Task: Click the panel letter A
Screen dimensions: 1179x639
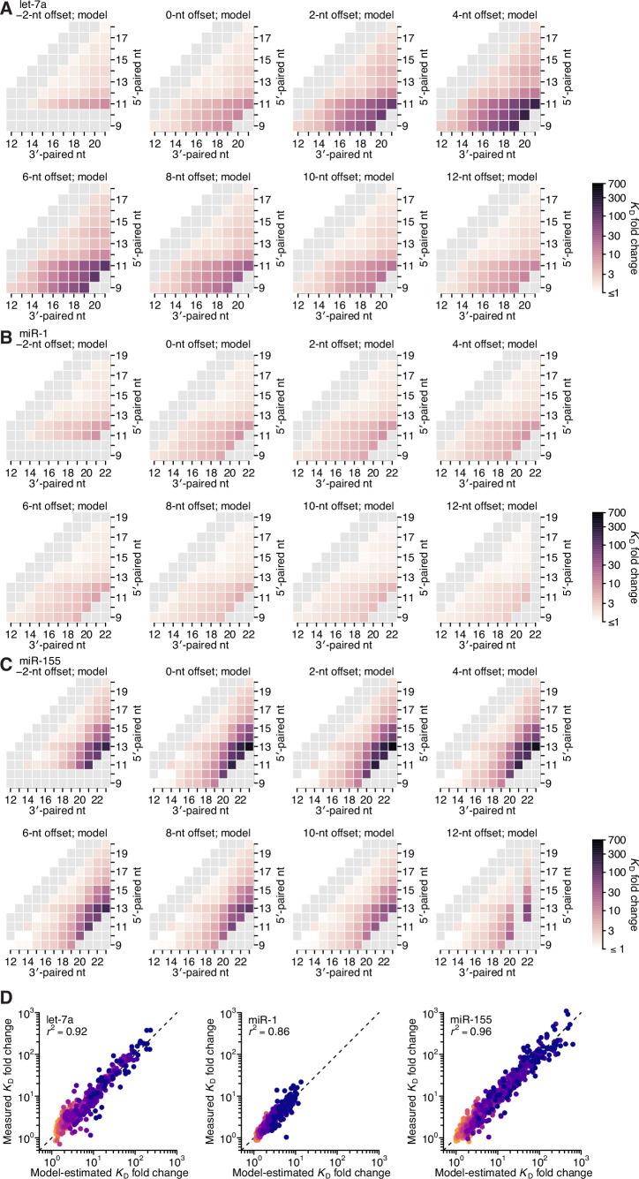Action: pos(8,7)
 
